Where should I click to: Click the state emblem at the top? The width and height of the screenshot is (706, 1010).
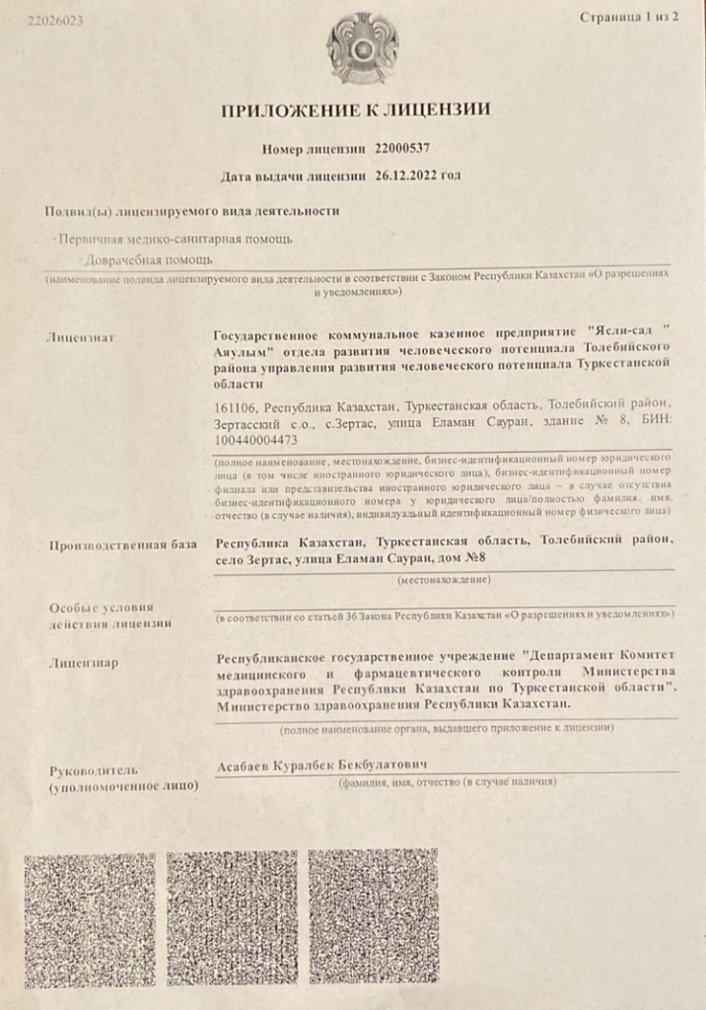pos(363,46)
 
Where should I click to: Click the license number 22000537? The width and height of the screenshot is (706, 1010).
pos(403,148)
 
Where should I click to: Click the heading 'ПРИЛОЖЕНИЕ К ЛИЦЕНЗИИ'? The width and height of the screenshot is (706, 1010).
pos(355,109)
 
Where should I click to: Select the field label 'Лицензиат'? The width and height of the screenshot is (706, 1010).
pos(81,337)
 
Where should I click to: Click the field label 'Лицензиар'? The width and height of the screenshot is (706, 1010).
pos(83,663)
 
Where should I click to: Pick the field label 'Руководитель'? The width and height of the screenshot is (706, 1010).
pos(99,769)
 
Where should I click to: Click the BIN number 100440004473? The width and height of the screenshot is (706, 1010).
pos(255,440)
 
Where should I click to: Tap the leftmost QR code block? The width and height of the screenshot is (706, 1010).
pos(88,918)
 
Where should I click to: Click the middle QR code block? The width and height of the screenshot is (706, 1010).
pos(232,918)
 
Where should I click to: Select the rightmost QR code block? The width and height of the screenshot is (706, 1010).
pos(374,918)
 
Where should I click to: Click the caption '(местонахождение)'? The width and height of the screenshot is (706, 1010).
pos(443,582)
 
